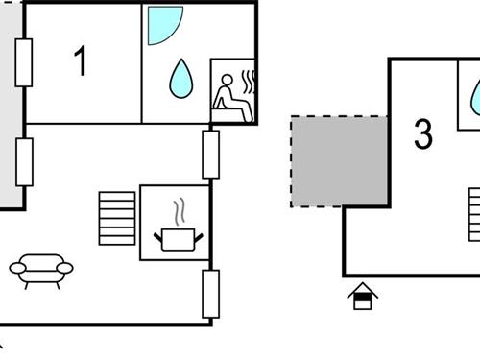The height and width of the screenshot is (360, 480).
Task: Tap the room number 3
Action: pyautogui.click(x=422, y=134)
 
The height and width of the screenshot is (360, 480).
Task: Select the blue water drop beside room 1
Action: pyautogui.click(x=180, y=79)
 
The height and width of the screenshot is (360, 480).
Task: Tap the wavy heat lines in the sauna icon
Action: pyautogui.click(x=250, y=78)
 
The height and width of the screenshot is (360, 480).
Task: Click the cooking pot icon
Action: pyautogui.click(x=176, y=238)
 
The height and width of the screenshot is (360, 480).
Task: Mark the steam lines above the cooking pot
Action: pyautogui.click(x=178, y=210)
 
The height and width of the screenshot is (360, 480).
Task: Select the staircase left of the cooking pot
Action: pyautogui.click(x=117, y=219)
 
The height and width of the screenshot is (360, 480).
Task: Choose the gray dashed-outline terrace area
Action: pyautogui.click(x=339, y=161)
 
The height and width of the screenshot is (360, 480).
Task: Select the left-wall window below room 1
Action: pyautogui.click(x=24, y=161)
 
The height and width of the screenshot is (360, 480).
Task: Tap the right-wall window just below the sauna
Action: pyautogui.click(x=210, y=154)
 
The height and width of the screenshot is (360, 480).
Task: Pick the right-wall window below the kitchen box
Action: pyautogui.click(x=210, y=293)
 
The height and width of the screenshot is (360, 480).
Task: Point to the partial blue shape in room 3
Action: pyautogui.click(x=475, y=97)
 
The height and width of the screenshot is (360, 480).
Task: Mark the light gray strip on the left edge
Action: pyautogui.click(x=9, y=106)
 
